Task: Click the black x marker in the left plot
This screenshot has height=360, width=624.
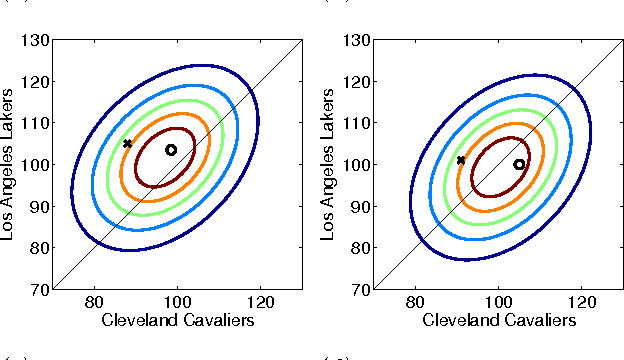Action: (x=127, y=143)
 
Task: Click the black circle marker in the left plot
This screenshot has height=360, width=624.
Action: (x=171, y=150)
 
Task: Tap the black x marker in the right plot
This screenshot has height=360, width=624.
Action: (x=461, y=160)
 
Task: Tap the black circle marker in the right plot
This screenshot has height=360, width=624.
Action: (x=519, y=164)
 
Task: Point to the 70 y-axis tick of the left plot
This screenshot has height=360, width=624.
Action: (x=38, y=289)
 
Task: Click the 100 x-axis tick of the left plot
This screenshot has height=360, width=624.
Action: (x=178, y=302)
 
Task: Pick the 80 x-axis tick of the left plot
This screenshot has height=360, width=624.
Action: (x=94, y=302)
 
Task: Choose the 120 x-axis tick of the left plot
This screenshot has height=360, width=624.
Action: (x=261, y=302)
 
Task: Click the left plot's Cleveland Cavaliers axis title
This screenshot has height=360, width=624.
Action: (x=178, y=320)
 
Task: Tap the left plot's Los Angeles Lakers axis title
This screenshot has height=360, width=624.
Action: (x=9, y=165)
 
